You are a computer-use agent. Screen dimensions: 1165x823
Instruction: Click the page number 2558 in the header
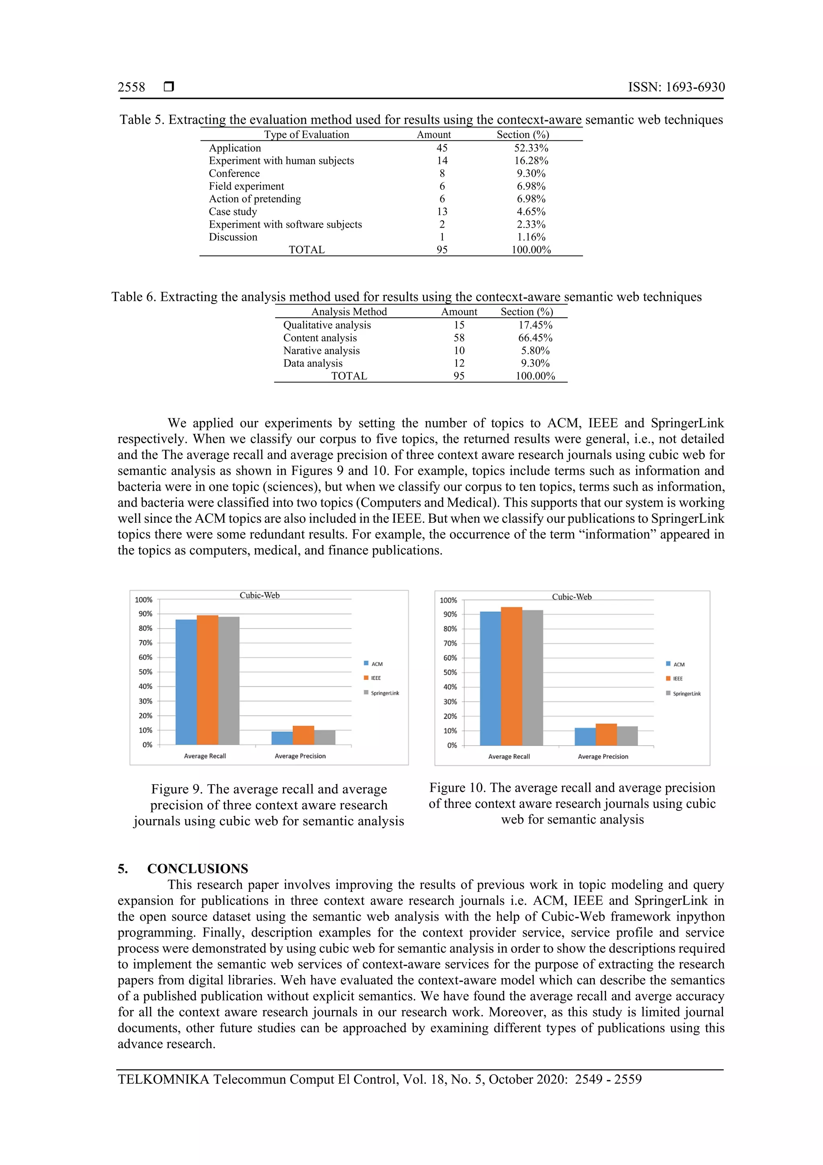[131, 87]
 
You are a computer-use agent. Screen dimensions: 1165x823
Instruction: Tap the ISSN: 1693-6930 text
[676, 87]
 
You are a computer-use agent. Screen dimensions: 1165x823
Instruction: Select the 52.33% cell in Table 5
[531, 148]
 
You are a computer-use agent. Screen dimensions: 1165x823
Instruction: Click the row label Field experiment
[246, 186]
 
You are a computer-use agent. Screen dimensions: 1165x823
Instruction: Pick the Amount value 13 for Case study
[442, 212]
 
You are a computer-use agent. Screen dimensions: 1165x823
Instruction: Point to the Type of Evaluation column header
[306, 134]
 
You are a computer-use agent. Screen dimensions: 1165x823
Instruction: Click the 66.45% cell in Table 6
[535, 338]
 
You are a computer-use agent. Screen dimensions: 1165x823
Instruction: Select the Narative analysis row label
[321, 351]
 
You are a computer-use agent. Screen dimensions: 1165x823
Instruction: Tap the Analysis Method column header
[349, 312]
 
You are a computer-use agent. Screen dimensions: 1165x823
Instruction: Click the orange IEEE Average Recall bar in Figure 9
[207, 680]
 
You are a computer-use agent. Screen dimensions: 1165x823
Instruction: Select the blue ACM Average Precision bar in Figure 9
[282, 738]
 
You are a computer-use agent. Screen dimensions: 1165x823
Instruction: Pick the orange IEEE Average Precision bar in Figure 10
[606, 734]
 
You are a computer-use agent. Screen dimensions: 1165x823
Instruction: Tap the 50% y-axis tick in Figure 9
[145, 672]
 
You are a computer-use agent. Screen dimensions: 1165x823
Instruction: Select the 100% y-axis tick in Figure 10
[448, 600]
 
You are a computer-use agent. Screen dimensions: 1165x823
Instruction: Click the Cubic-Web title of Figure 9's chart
[260, 595]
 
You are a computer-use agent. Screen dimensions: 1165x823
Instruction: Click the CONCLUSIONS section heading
[197, 869]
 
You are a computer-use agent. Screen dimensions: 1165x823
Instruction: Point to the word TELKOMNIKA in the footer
[163, 1079]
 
